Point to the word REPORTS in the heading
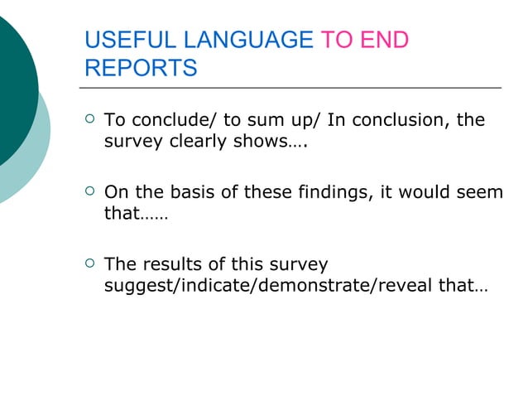(141, 68)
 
